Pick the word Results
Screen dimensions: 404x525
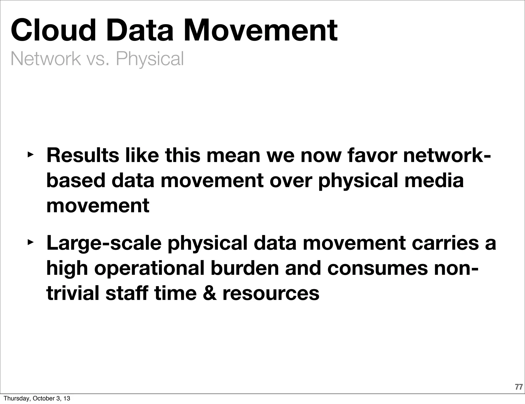(83, 155)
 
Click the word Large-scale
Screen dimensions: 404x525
(104, 243)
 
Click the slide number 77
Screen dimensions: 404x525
(519, 387)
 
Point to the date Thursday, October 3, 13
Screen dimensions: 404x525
(37, 398)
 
